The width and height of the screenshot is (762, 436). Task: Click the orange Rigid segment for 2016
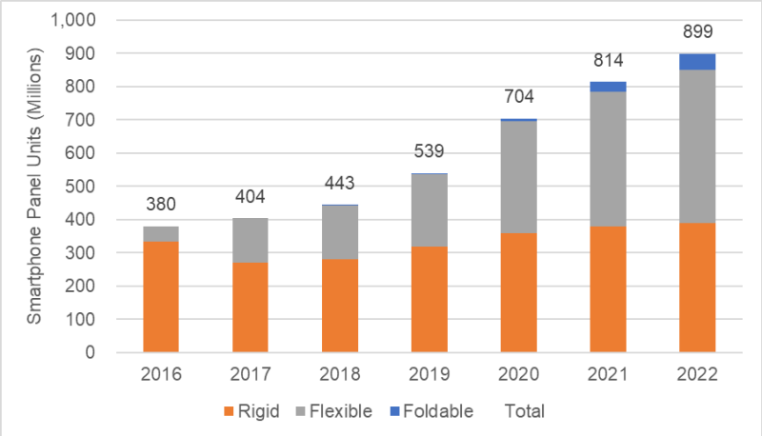click(161, 296)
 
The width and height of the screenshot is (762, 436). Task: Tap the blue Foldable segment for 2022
click(698, 62)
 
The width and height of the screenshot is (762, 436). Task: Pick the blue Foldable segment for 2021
click(609, 87)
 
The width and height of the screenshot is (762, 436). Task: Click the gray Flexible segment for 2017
click(251, 240)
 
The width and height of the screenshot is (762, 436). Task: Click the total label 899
click(698, 33)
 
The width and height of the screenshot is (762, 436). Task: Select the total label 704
click(519, 96)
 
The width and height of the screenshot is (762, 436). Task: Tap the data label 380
click(161, 205)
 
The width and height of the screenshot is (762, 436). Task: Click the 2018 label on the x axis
click(340, 376)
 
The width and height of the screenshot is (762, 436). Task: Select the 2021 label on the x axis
click(609, 376)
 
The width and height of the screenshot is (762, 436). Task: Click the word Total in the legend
click(523, 411)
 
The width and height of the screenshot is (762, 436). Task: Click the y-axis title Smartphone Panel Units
click(33, 187)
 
